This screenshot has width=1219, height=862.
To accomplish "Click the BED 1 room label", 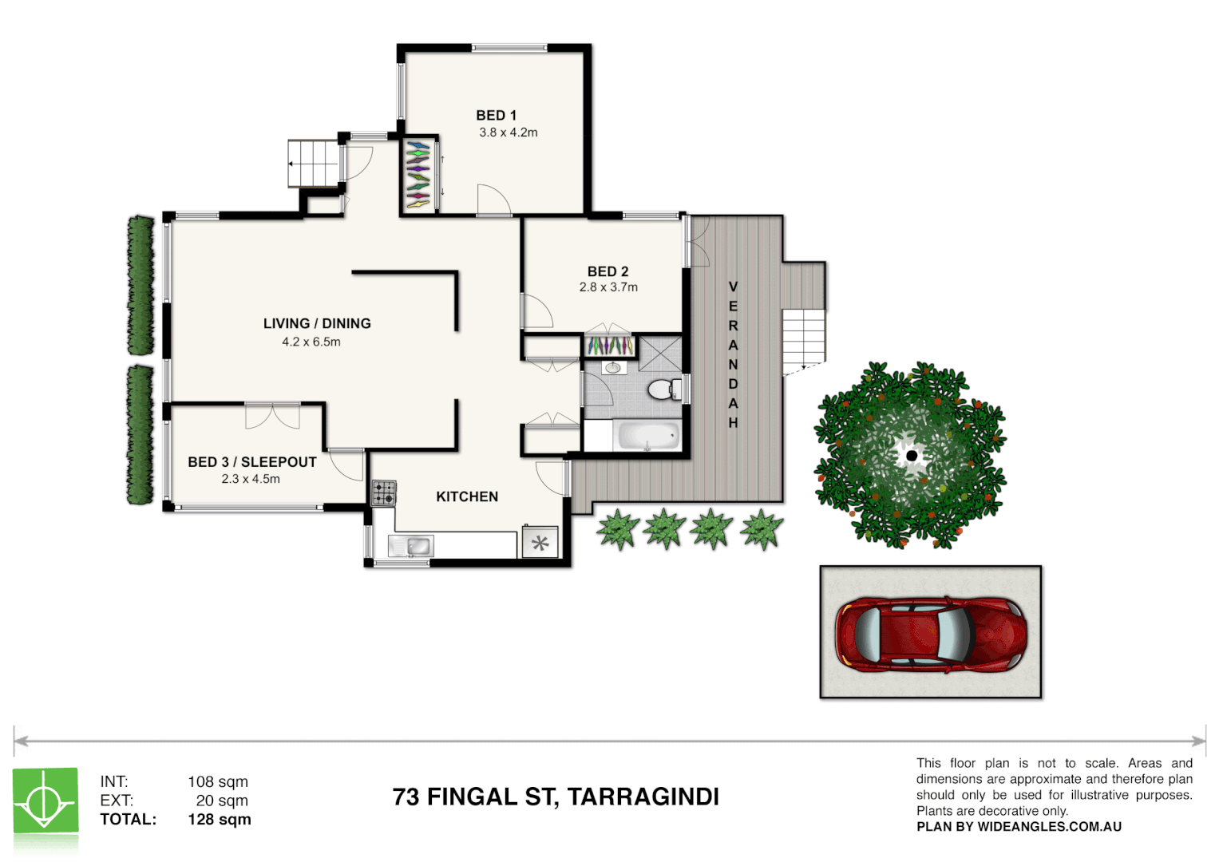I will pos(496,116).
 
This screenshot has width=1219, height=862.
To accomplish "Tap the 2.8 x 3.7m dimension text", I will pos(608,287).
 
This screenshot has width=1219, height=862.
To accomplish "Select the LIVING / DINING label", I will pos(317,323).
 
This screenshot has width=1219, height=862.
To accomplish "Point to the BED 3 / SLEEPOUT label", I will pos(252,462).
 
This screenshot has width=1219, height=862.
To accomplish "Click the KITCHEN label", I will pos(467,496).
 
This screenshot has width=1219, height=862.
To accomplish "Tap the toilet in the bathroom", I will pos(662,389).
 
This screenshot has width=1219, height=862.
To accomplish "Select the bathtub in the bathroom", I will pos(647,436).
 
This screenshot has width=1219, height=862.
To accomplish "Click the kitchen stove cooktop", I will pos(384,492).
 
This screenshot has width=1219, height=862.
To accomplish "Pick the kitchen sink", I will pos(412,546).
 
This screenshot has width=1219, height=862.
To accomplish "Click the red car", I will pos(931,633).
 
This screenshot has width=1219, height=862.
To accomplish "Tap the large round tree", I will pos(910,456).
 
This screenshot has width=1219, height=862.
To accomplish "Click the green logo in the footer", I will pos(46,801).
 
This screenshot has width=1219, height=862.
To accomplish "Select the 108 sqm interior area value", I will pos(218,782).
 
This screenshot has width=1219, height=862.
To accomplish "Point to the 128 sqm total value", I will pos(219,820).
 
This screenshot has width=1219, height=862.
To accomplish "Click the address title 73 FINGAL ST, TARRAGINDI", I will pos(556,797).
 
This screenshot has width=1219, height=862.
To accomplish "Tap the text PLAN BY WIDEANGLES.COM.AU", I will pos(1019,827).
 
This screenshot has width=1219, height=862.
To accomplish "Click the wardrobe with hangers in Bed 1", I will pos(418,176).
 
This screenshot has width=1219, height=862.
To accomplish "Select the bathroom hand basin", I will pos(612,368).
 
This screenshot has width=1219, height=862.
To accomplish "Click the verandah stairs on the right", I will pos(803,339).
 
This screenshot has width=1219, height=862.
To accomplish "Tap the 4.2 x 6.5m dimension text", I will pos(311,342).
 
